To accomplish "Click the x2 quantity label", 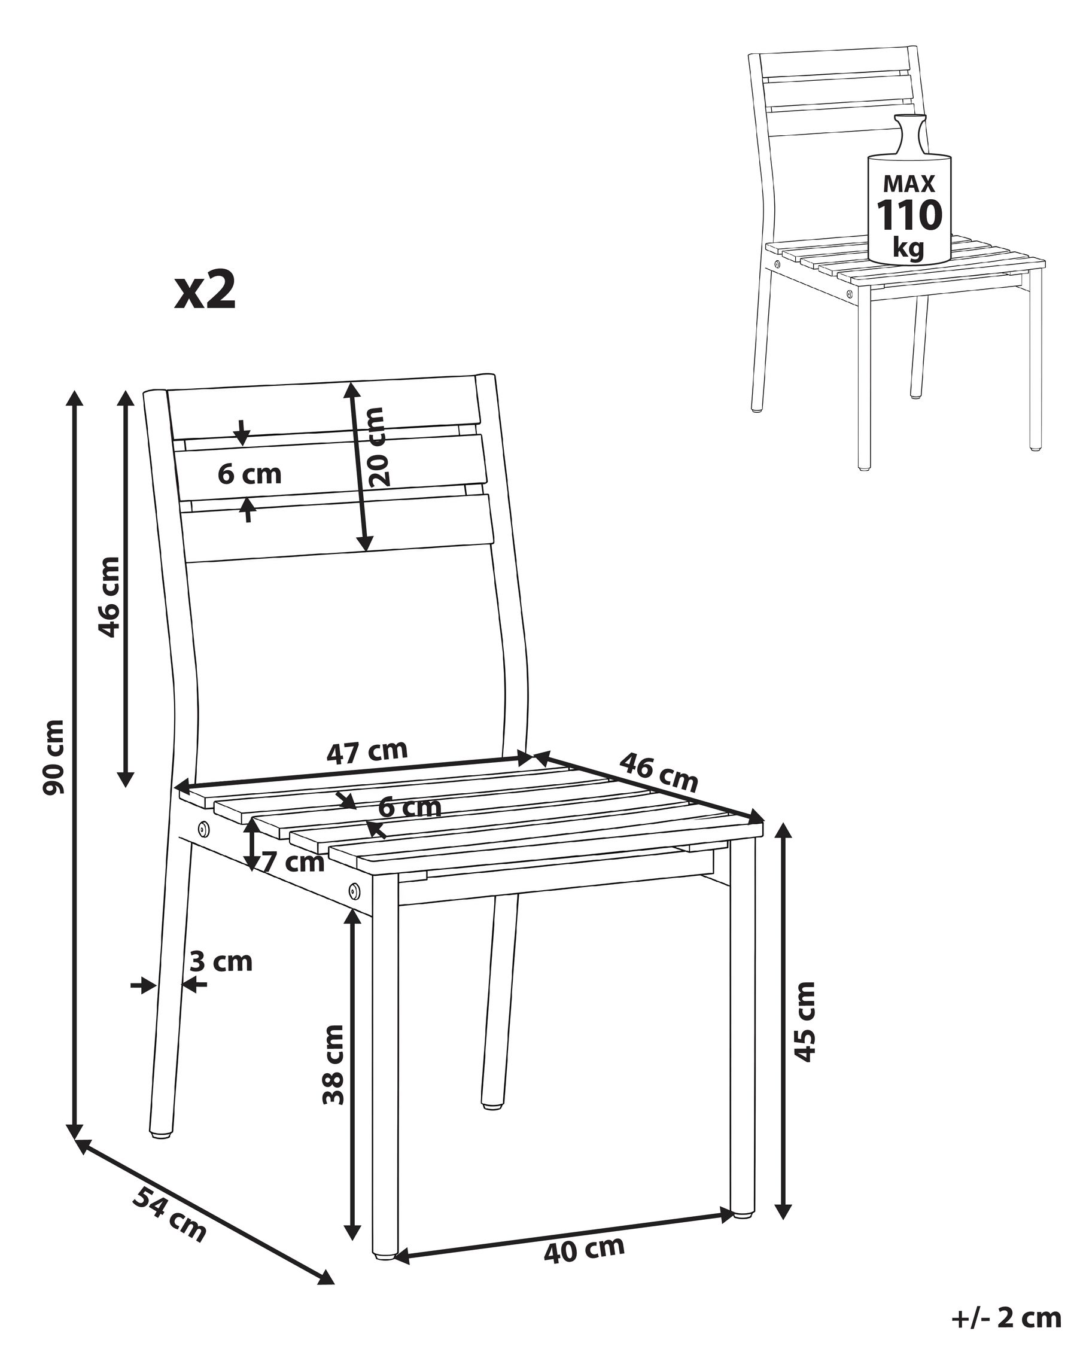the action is tap(205, 291).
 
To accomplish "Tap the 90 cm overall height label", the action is tap(54, 757).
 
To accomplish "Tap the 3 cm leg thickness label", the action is tap(221, 962).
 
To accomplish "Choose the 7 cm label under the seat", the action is tap(293, 863).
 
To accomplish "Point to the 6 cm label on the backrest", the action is tap(250, 474).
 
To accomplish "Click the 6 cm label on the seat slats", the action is tap(410, 807).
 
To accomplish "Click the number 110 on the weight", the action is tap(909, 215).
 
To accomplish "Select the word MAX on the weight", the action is tap(909, 184).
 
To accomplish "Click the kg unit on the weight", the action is tap(908, 248).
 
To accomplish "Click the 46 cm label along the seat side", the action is tap(658, 772).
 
